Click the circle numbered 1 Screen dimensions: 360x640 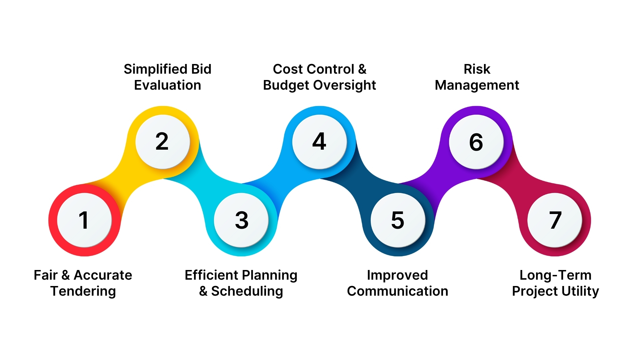click(84, 220)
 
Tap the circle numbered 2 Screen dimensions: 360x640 click(162, 142)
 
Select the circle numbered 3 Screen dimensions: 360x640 click(241, 220)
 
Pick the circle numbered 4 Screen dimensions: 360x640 click(319, 142)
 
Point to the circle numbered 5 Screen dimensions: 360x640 click(398, 220)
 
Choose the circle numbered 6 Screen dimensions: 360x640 click(476, 142)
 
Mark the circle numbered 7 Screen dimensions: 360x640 click(555, 220)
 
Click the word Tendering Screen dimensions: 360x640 click(83, 291)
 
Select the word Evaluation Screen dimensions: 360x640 click(167, 85)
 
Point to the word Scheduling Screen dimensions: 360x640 click(247, 291)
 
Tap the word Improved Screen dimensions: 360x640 click(397, 275)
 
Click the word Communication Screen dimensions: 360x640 click(397, 291)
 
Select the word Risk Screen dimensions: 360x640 click(477, 69)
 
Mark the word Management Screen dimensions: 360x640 click(477, 85)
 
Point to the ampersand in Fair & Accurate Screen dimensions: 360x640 click(66, 275)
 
